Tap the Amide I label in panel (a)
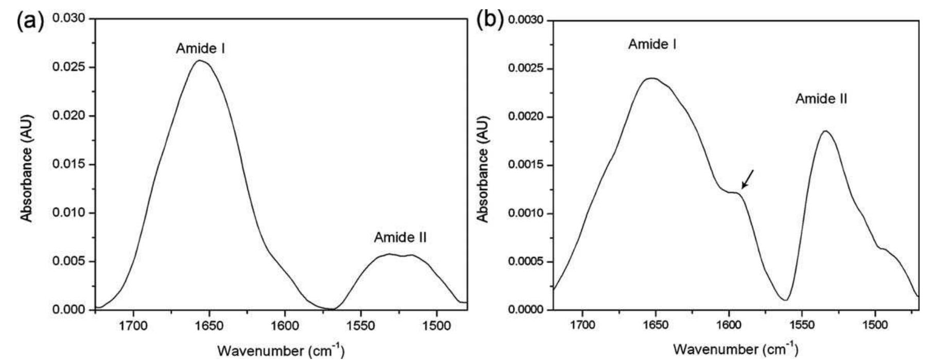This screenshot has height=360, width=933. [200, 49]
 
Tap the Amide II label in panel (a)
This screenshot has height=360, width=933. [400, 237]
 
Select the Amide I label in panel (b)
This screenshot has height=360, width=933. [652, 45]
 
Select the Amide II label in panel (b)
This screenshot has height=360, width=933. [821, 99]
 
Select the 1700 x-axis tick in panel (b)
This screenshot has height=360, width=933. [582, 325]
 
